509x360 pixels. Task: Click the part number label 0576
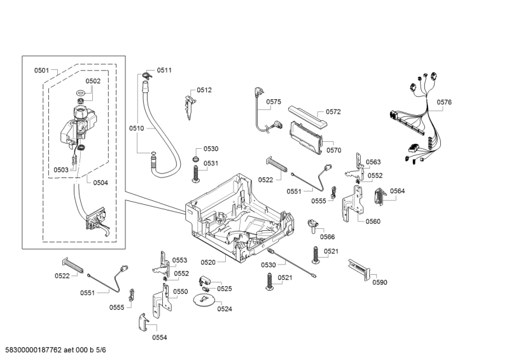pyautogui.click(x=444, y=102)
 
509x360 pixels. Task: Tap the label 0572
pyautogui.click(x=333, y=111)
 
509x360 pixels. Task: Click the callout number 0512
pyautogui.click(x=204, y=90)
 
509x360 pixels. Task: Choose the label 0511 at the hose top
pyautogui.click(x=164, y=70)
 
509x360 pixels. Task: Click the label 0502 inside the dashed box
pyautogui.click(x=93, y=81)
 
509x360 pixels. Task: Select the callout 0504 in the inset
pyautogui.click(x=101, y=183)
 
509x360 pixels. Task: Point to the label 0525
pyautogui.click(x=225, y=288)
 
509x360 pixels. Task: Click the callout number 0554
pyautogui.click(x=159, y=337)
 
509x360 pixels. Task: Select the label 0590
pyautogui.click(x=380, y=282)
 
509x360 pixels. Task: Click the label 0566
pyautogui.click(x=327, y=237)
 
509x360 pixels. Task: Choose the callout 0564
pyautogui.click(x=398, y=191)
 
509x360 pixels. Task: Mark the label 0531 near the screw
pyautogui.click(x=211, y=163)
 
